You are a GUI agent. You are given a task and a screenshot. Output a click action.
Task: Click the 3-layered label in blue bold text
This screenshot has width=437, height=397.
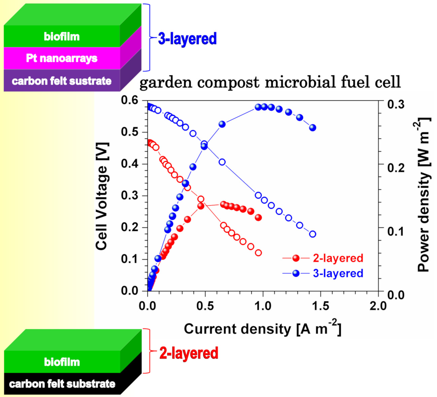[x=187, y=39]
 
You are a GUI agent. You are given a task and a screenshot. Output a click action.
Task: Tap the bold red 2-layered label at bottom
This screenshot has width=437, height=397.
[x=189, y=353]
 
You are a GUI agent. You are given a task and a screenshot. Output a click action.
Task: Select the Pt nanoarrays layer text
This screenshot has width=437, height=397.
[x=62, y=58]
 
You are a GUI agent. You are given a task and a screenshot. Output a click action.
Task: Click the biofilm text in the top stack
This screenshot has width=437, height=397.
[x=62, y=36]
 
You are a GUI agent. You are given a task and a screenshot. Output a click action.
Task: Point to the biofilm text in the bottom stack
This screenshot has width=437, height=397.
[x=62, y=362]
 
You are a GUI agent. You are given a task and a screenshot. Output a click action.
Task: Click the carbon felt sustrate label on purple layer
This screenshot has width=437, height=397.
[x=62, y=81]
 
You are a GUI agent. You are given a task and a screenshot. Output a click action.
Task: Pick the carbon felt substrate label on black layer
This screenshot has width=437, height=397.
[x=62, y=384]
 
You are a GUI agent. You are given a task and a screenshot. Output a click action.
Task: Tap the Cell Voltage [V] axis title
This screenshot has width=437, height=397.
[x=101, y=196]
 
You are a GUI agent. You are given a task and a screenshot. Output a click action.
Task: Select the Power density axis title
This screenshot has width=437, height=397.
[x=424, y=195]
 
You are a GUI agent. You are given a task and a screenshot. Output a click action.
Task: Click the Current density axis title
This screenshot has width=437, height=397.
[x=262, y=328]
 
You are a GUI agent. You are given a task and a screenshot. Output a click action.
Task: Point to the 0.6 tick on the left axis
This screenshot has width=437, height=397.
[x=130, y=100]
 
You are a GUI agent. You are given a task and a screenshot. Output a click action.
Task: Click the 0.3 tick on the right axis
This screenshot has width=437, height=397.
[x=396, y=104]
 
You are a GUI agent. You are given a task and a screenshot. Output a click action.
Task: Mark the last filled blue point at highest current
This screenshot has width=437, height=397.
[x=313, y=128]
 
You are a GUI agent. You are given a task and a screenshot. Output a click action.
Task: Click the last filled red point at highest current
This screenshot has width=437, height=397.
[x=258, y=218]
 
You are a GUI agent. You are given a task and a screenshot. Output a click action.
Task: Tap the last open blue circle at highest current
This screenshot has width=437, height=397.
[x=313, y=234]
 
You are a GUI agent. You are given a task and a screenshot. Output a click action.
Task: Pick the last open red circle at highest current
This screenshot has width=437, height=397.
[x=258, y=253]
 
